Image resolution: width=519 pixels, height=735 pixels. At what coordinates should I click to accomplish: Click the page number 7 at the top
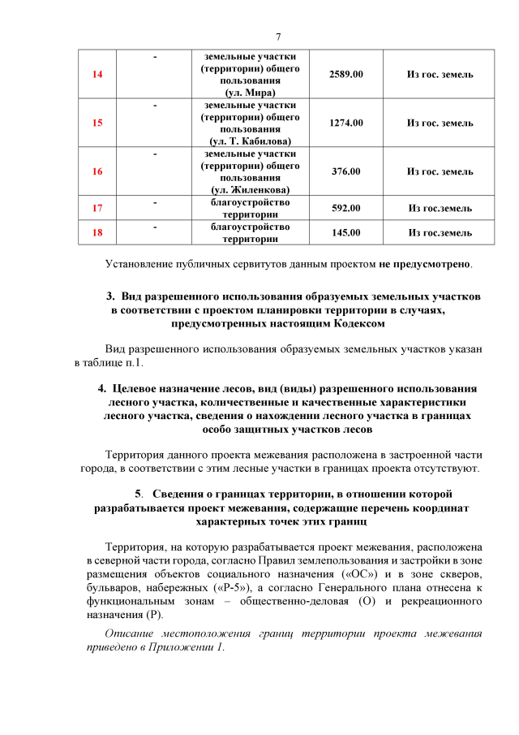coord(277,37)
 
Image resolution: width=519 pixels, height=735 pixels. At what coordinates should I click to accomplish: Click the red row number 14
coord(98,75)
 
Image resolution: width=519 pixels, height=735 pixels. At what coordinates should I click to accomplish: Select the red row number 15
coord(98,123)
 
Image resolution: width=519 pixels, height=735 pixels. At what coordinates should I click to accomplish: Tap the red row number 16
coord(98,171)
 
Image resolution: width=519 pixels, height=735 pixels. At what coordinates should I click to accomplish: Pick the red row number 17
coord(98,208)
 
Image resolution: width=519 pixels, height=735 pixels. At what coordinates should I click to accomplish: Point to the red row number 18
coord(98,233)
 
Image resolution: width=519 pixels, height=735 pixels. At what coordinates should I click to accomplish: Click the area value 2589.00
coord(346,75)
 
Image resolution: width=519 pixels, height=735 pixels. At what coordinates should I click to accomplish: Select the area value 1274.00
coord(346,123)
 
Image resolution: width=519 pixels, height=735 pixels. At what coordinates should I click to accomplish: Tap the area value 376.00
coord(346,171)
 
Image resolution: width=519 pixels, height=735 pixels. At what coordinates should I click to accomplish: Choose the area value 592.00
coord(346,208)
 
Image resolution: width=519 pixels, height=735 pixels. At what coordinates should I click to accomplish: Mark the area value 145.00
coord(346,233)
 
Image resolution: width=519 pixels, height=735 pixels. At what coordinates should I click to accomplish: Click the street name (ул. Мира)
coord(251,93)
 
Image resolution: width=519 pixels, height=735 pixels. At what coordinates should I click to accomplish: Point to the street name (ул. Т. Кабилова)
coord(251,141)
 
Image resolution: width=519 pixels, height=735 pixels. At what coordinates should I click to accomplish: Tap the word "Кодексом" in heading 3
coord(351,323)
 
